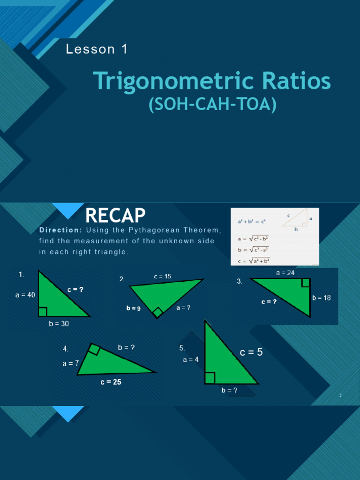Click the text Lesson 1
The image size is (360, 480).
[x=97, y=49]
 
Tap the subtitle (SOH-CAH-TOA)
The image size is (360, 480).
[x=212, y=105]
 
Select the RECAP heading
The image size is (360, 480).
[x=115, y=216]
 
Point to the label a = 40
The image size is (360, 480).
[x=25, y=295]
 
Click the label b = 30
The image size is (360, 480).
[x=59, y=324]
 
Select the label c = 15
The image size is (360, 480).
[x=163, y=277]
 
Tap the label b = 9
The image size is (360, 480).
[x=133, y=308]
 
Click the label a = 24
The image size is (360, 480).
[x=285, y=272]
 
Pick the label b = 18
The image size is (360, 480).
[x=322, y=298]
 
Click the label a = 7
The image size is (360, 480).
[x=71, y=363]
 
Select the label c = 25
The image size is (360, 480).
[x=111, y=382]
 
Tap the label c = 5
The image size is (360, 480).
[x=251, y=352]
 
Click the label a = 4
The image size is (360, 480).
[x=191, y=360]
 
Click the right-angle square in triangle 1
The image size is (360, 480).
[x=43, y=312]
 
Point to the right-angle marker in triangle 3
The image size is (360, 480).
[x=306, y=282]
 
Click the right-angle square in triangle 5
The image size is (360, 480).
[x=210, y=378]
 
